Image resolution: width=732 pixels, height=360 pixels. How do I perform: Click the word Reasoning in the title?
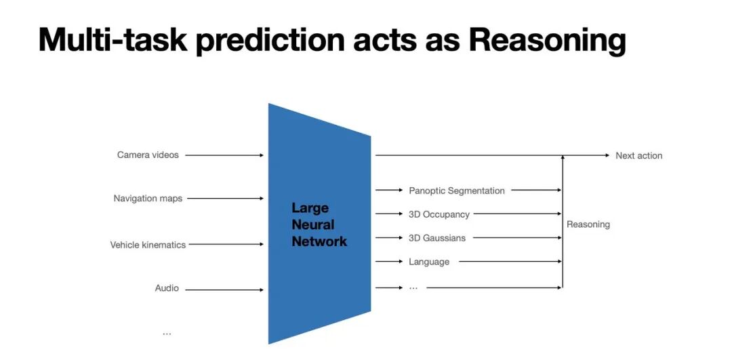tap(546, 41)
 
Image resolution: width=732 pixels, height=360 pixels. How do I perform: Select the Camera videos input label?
tap(148, 155)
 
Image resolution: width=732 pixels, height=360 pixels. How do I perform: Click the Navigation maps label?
tap(148, 199)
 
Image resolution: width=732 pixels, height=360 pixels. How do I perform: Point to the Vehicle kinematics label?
tap(148, 245)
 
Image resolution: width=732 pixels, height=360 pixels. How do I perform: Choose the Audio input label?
tap(167, 288)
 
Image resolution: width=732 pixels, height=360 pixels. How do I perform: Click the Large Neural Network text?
tap(319, 224)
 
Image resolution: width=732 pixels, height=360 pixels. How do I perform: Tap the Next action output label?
tap(638, 156)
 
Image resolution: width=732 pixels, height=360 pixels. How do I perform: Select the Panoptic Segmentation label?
tap(456, 191)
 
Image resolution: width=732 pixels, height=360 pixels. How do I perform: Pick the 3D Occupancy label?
tap(439, 214)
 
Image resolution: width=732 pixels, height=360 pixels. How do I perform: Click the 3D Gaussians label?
tap(436, 238)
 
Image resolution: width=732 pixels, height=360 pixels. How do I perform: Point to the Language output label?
tap(428, 262)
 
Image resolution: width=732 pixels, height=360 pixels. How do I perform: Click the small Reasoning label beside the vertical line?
tap(588, 224)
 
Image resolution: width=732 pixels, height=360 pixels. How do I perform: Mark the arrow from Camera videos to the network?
tap(224, 155)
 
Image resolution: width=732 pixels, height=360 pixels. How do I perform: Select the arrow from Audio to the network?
tap(224, 290)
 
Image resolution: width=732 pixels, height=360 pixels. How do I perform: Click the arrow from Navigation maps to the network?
tap(224, 199)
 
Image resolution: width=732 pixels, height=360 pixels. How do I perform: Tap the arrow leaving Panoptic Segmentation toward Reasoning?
tap(536, 191)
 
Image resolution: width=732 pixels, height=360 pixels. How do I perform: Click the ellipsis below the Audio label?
tap(167, 333)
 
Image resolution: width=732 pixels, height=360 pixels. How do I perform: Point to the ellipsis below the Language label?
tap(413, 287)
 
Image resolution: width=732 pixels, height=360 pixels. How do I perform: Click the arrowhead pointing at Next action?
tap(607, 155)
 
